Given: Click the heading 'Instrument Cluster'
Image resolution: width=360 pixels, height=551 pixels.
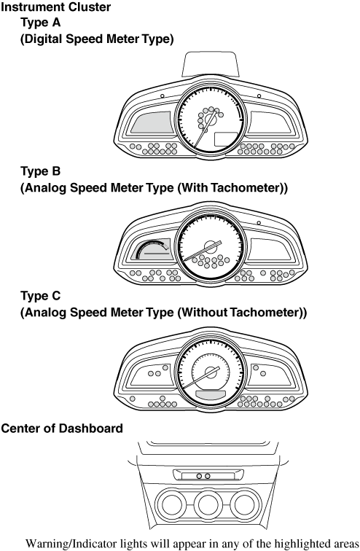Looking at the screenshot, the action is [56, 7].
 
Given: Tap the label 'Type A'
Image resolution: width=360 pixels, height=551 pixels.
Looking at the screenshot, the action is [40, 23].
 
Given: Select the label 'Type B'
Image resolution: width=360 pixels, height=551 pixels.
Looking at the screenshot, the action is [40, 171].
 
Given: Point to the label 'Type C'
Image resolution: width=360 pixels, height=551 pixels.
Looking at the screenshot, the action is [40, 296].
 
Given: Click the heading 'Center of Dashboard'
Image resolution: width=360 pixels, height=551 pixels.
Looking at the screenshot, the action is [62, 429].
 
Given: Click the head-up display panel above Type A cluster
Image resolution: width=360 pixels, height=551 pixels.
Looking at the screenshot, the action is [211, 64].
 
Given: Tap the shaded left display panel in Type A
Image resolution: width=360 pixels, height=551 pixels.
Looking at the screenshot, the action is [152, 122].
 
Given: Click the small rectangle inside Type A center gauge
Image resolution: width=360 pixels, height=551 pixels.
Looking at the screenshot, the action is [227, 139].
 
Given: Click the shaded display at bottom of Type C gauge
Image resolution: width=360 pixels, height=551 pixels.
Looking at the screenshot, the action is [211, 394].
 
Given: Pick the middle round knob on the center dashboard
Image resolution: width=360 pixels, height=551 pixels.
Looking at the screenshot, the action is [208, 504].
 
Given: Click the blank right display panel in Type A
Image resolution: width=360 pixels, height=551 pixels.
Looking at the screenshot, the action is [270, 122].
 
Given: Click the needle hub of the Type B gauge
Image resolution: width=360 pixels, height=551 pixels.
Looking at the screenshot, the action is [211, 246].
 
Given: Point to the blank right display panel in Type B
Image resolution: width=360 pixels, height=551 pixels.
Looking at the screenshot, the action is [270, 249].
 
